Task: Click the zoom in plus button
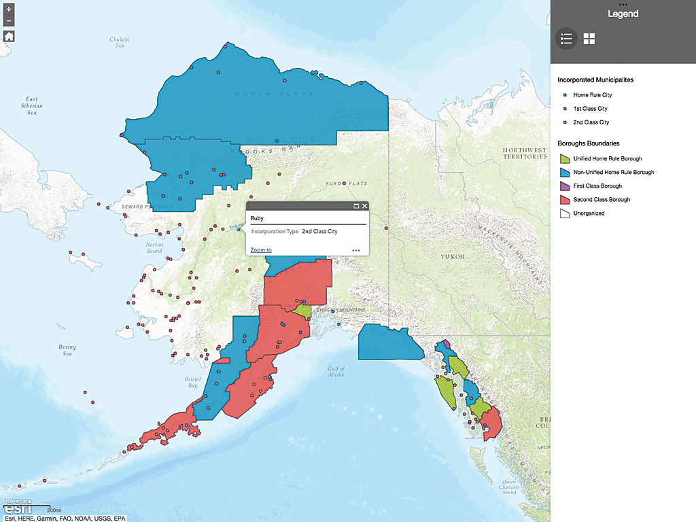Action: (9, 10)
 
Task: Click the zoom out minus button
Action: (9, 21)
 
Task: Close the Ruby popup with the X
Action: (365, 206)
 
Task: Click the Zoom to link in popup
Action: (261, 250)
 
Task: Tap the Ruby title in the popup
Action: (257, 219)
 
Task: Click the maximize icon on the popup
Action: (356, 206)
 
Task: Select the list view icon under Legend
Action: (566, 39)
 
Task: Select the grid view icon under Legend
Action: (589, 39)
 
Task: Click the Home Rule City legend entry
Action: (591, 95)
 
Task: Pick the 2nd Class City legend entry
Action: (591, 122)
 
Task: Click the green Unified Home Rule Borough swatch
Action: (563, 158)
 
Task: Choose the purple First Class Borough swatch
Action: (563, 186)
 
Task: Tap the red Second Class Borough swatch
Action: (563, 199)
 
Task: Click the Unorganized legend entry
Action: (589, 213)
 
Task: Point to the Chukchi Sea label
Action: (119, 41)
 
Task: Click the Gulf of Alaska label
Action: (336, 372)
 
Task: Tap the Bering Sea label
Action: (67, 350)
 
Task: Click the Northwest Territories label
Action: (524, 153)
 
